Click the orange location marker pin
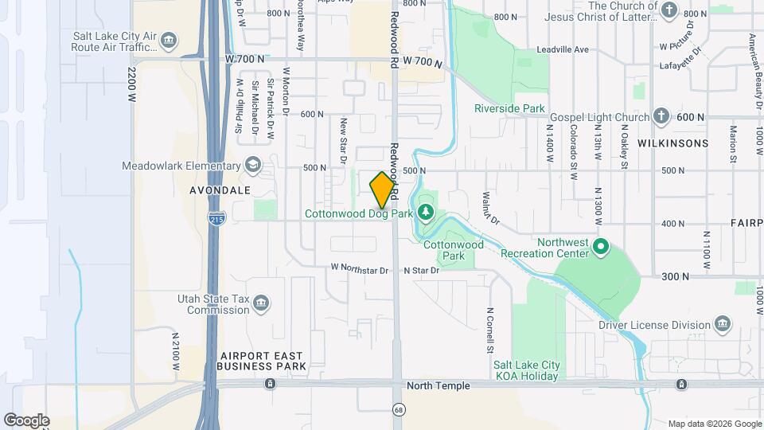click(x=382, y=190)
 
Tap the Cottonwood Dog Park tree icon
click(x=426, y=212)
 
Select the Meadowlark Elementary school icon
click(x=253, y=165)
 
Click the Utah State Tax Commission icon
click(x=261, y=304)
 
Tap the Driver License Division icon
click(x=723, y=324)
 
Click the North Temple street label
click(x=438, y=386)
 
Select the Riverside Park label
click(x=509, y=108)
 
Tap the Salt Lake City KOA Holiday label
click(x=526, y=370)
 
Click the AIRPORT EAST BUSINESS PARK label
click(x=262, y=361)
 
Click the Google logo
click(x=26, y=420)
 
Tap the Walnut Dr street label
click(x=490, y=207)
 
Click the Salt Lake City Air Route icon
click(x=168, y=40)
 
